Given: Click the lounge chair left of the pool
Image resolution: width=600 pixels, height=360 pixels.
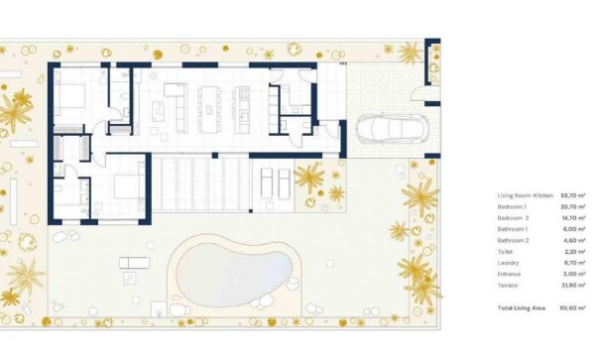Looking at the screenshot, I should (132, 262).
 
